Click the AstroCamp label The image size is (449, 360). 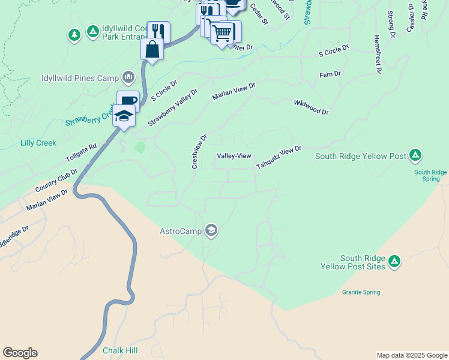coord(181,230)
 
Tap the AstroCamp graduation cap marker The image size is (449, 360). coord(211,230)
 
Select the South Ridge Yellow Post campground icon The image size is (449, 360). coord(415,156)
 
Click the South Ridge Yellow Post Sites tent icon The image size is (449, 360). coord(394,261)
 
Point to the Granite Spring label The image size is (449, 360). coord(361,293)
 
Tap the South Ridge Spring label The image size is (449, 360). coord(430,175)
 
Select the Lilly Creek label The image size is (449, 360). coord(38,143)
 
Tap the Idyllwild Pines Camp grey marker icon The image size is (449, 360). coord(128,77)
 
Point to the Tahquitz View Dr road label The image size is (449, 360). coord(279,157)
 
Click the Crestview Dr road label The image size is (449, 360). coord(199,151)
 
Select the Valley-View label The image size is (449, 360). coord(234,156)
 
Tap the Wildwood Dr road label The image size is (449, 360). coord(312,107)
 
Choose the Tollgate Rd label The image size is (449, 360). coord(81,153)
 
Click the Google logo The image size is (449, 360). coord(20,353)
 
